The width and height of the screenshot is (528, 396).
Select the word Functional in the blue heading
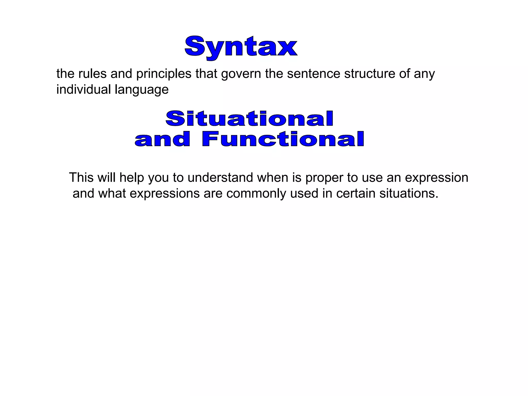tap(283, 139)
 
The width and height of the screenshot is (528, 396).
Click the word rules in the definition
tap(92, 74)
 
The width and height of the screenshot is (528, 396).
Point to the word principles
tap(164, 74)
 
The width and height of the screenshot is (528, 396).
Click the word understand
tap(220, 178)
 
